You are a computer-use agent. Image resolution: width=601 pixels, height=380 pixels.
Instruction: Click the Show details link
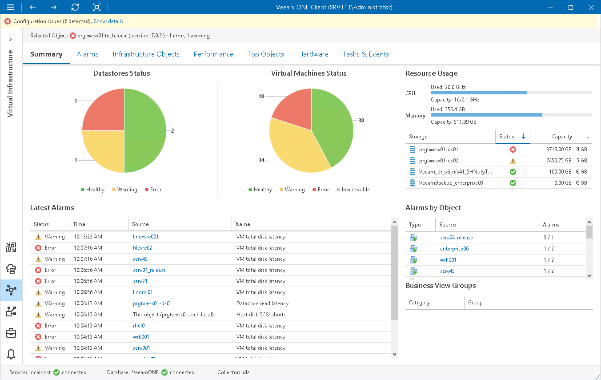click(x=108, y=21)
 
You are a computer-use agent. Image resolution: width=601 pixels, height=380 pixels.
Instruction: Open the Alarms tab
click(x=88, y=54)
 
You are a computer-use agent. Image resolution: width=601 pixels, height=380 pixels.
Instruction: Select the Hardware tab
click(x=313, y=54)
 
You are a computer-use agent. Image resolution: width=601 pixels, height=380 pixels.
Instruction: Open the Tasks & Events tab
click(x=365, y=54)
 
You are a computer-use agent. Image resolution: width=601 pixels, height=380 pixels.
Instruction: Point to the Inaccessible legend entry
click(x=353, y=190)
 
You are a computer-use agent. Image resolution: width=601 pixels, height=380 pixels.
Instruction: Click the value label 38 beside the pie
click(x=361, y=121)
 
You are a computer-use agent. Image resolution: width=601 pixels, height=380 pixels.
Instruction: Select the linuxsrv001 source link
click(x=146, y=237)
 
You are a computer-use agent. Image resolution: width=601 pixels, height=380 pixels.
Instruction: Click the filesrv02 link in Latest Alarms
click(x=142, y=248)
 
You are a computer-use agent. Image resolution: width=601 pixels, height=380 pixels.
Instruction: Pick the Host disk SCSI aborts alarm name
click(x=261, y=315)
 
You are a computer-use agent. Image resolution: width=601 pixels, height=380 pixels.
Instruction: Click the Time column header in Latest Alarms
click(x=79, y=224)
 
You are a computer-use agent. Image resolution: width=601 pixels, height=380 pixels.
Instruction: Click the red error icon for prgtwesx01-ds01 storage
click(x=513, y=150)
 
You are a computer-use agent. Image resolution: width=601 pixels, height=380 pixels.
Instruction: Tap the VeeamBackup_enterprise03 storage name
click(x=451, y=183)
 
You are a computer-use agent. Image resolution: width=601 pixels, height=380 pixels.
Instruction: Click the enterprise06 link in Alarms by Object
click(x=454, y=249)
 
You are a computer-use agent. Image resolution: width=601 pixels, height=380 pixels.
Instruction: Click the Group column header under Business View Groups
click(x=475, y=303)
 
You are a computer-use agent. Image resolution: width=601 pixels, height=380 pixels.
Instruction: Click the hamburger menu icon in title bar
click(x=11, y=7)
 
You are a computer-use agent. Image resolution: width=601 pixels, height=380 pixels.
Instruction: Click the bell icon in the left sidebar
click(x=11, y=354)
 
